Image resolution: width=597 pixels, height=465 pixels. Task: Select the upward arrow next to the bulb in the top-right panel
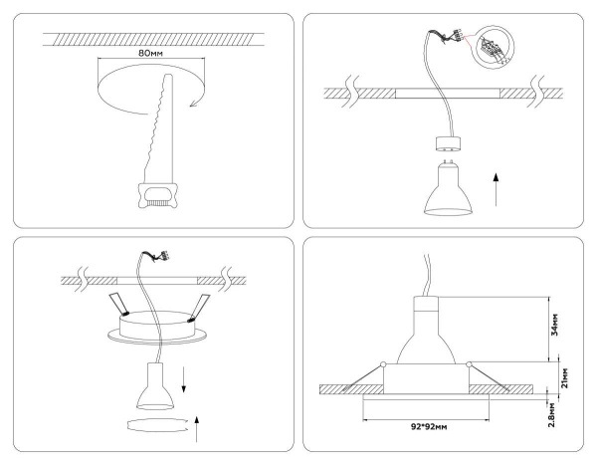pos(497,186)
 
